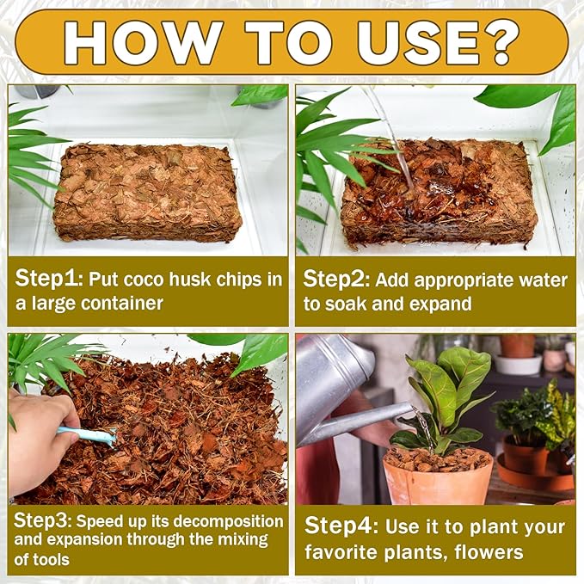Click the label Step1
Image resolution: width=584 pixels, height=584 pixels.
click(48, 280)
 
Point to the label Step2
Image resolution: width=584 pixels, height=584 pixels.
click(336, 280)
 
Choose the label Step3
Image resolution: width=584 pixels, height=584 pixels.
click(42, 521)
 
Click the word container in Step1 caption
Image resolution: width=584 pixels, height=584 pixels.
click(122, 303)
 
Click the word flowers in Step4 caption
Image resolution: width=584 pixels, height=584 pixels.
click(489, 552)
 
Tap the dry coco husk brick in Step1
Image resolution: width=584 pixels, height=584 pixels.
click(147, 192)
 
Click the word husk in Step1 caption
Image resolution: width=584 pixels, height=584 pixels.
click(189, 280)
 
